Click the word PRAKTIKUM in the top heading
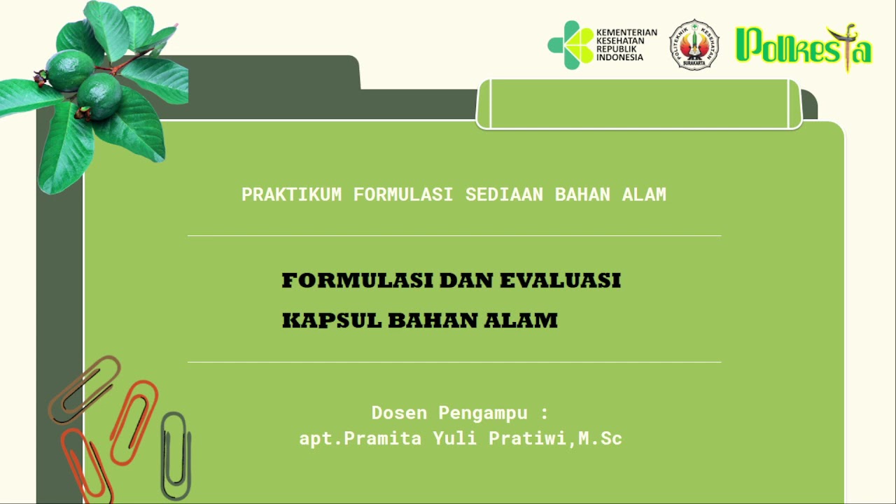[x=291, y=195]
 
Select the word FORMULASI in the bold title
[x=356, y=281]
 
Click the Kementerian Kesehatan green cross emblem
[x=569, y=45]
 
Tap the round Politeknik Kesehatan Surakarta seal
[x=694, y=45]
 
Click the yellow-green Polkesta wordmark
[x=804, y=48]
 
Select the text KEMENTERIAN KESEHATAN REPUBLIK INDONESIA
[x=626, y=45]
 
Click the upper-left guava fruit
[x=69, y=70]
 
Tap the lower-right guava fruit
[x=99, y=94]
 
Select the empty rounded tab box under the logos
[x=639, y=104]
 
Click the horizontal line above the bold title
[x=454, y=236]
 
